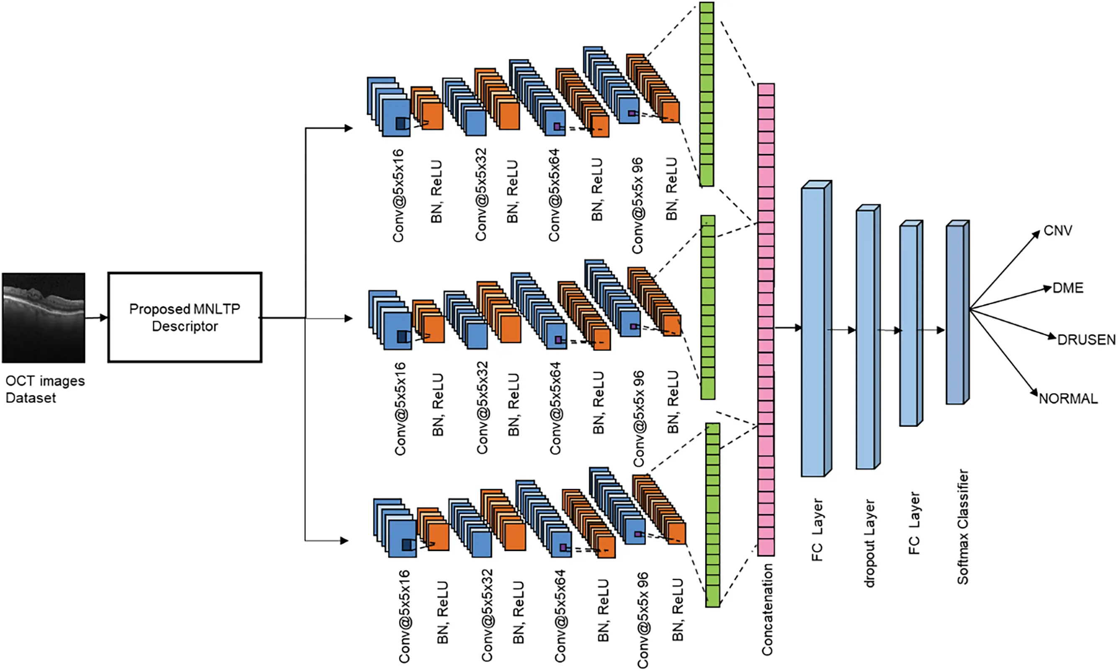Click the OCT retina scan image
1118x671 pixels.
pyautogui.click(x=44, y=317)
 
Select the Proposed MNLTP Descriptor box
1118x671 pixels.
pyautogui.click(x=185, y=317)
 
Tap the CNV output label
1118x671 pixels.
pyautogui.click(x=1057, y=231)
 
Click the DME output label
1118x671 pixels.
pyautogui.click(x=1067, y=288)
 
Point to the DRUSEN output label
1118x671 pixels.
pyautogui.click(x=1085, y=339)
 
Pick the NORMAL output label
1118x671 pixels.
pyautogui.click(x=1068, y=399)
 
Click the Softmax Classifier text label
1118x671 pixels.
pyautogui.click(x=962, y=527)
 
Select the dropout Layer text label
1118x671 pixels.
pyautogui.click(x=869, y=543)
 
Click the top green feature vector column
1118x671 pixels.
pyautogui.click(x=707, y=94)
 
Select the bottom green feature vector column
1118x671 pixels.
pyautogui.click(x=712, y=515)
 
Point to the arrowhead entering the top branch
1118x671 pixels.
pyautogui.click(x=348, y=128)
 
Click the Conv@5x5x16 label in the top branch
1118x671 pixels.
pyautogui.click(x=398, y=195)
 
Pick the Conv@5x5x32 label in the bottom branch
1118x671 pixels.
pyautogui.click(x=486, y=615)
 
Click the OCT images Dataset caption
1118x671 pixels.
pyautogui.click(x=44, y=389)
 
